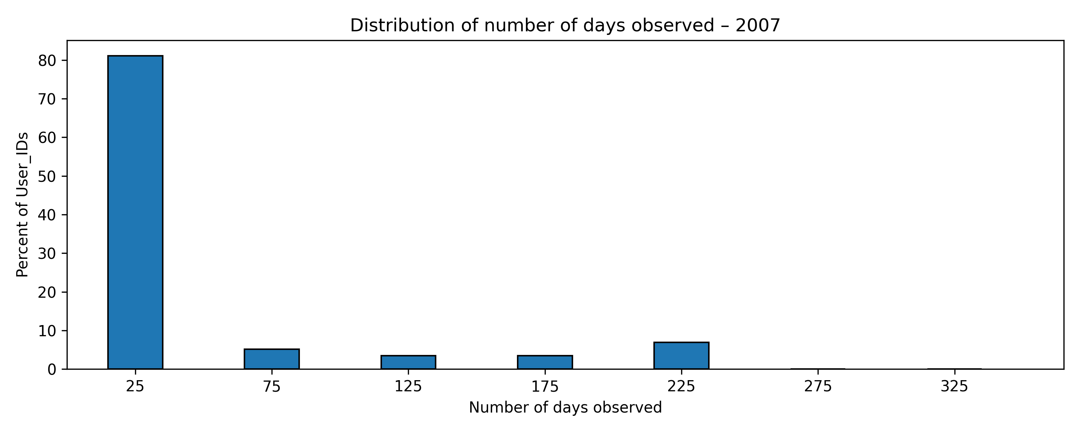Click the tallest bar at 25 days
(x=135, y=212)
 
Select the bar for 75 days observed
(x=272, y=359)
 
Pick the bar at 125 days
(x=408, y=363)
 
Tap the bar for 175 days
(x=545, y=363)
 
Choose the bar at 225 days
(x=681, y=356)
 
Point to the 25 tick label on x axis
(x=135, y=386)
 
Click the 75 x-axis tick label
(x=272, y=386)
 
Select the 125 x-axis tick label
(x=408, y=386)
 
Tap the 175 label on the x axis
(x=545, y=386)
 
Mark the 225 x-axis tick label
(x=681, y=386)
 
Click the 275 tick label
(x=818, y=386)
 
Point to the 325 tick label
(x=954, y=386)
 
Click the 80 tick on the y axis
(x=47, y=61)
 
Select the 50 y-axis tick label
(x=47, y=176)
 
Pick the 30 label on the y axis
(x=47, y=254)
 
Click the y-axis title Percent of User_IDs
(x=23, y=205)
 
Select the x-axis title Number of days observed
(x=565, y=408)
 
